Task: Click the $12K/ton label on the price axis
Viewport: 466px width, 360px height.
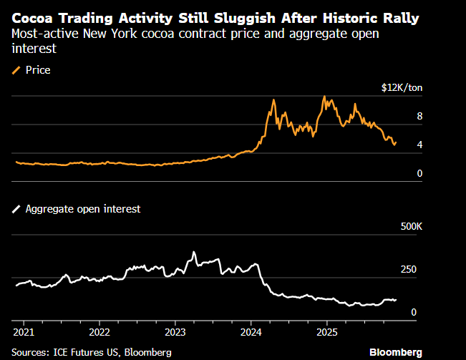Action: tap(402, 87)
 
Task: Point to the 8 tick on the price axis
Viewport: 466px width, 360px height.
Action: tap(420, 116)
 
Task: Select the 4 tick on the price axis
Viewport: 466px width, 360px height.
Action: tap(420, 145)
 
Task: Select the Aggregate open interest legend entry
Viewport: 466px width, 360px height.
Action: tap(77, 209)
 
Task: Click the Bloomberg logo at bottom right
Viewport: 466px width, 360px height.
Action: tap(395, 352)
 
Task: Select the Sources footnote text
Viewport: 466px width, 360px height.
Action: tap(92, 352)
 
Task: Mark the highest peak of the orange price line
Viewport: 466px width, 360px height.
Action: tap(325, 96)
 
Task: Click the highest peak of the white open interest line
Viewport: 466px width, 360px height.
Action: tap(194, 251)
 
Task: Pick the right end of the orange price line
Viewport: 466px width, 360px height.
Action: tap(396, 142)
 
